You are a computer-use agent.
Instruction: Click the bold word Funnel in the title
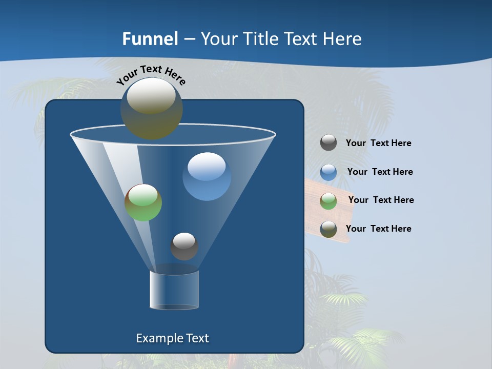coord(150,39)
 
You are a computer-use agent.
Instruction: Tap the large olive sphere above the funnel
coord(152,109)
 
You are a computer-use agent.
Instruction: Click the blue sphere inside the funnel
coord(207,176)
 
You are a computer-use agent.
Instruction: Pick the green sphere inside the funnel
coord(143,202)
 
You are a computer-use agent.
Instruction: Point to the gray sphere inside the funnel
coord(184,246)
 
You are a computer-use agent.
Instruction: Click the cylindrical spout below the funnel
coord(174,290)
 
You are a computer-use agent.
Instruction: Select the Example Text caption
coord(172,338)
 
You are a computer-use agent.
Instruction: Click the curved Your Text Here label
coord(151,75)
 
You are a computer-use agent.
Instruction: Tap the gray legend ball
coord(329,142)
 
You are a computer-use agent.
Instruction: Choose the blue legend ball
coord(329,172)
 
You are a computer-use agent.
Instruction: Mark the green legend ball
coord(329,201)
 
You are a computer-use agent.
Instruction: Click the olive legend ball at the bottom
coord(329,229)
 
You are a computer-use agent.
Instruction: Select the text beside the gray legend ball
coord(378,143)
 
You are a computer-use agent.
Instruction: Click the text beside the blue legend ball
coord(380,172)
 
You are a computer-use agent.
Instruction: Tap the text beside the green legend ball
coord(381,200)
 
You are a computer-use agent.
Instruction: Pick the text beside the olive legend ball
coord(378,229)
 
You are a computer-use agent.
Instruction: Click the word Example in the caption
coord(155,338)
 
